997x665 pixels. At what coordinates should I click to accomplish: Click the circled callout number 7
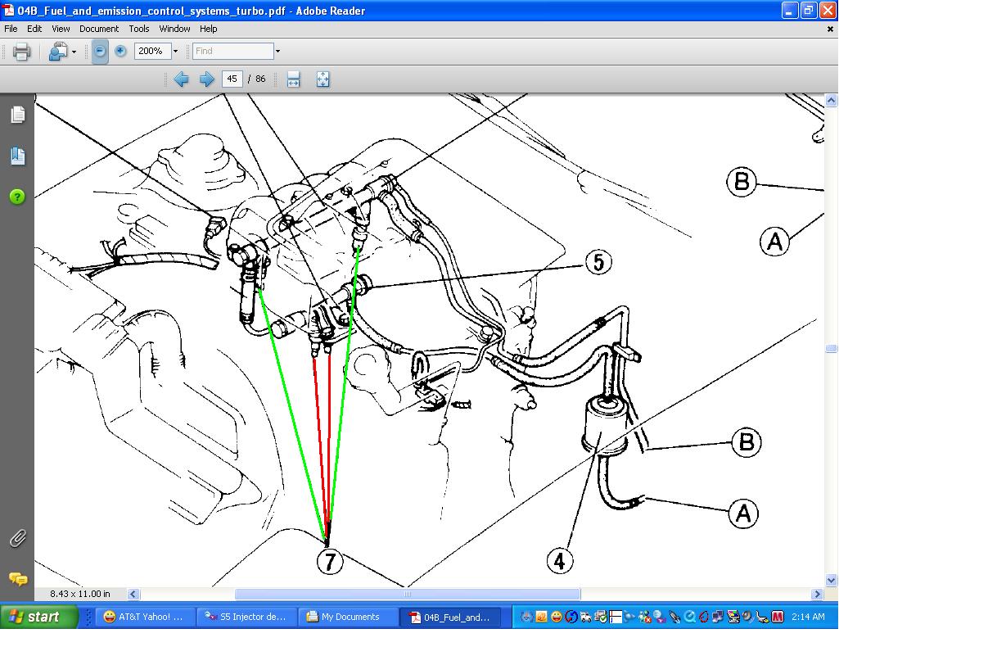pyautogui.click(x=330, y=562)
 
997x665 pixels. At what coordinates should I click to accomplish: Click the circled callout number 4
pyautogui.click(x=559, y=561)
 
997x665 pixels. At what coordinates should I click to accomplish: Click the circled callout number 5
pyautogui.click(x=598, y=262)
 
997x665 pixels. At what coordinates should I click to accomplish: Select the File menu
pyautogui.click(x=11, y=29)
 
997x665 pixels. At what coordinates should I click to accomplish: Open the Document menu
pyautogui.click(x=99, y=29)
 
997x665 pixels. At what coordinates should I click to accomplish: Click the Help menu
pyautogui.click(x=208, y=29)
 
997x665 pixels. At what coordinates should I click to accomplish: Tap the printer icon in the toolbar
pyautogui.click(x=21, y=52)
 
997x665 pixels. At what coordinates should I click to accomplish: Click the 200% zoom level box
pyautogui.click(x=153, y=52)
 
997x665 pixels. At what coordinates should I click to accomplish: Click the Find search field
pyautogui.click(x=232, y=52)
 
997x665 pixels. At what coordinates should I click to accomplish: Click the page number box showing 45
pyautogui.click(x=232, y=79)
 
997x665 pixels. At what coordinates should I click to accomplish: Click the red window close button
pyautogui.click(x=828, y=11)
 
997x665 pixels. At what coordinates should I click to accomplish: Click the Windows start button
pyautogui.click(x=39, y=617)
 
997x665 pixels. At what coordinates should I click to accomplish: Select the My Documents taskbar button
pyautogui.click(x=344, y=617)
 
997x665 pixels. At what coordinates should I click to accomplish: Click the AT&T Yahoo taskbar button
pyautogui.click(x=144, y=617)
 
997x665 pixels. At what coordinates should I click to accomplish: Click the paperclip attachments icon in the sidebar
pyautogui.click(x=18, y=539)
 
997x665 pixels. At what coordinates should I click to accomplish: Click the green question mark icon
pyautogui.click(x=17, y=197)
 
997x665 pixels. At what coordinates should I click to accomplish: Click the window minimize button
pyautogui.click(x=789, y=11)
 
